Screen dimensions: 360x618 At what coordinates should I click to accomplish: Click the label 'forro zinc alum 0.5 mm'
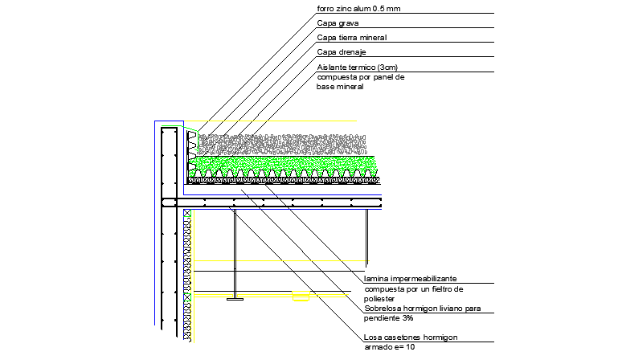click(358, 9)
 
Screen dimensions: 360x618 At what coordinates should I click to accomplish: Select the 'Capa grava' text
click(337, 23)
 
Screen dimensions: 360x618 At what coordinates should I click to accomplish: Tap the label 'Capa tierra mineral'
click(353, 37)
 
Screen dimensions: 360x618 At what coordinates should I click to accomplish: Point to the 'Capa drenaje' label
click(342, 52)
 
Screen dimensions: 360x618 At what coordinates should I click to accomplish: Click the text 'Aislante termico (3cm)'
click(357, 67)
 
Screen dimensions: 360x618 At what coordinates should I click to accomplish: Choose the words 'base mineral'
click(341, 87)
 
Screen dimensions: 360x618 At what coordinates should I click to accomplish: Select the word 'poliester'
click(381, 297)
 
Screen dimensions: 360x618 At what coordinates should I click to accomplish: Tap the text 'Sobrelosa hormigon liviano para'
click(423, 308)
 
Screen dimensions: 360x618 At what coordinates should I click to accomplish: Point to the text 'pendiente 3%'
click(389, 317)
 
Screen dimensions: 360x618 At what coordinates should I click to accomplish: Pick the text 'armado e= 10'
click(389, 347)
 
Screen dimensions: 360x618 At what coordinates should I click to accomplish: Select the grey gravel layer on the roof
click(281, 144)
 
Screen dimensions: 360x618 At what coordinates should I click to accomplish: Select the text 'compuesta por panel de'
click(361, 77)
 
